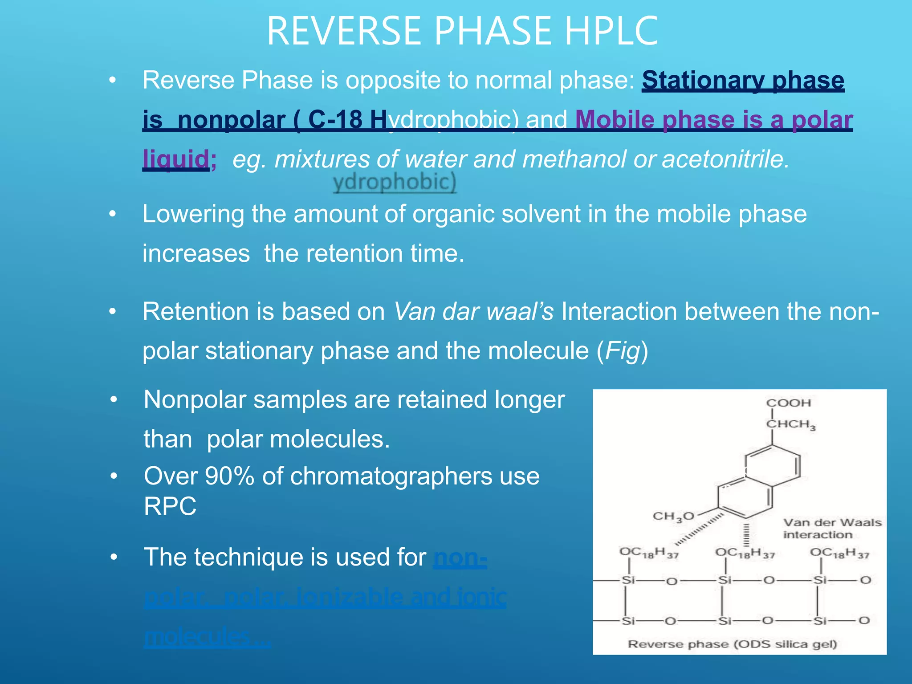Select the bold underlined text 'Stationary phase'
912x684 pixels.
tap(743, 81)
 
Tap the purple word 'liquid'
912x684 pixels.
tap(175, 159)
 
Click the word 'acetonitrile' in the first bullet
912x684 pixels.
tap(725, 159)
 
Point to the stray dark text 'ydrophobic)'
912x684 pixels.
tap(395, 182)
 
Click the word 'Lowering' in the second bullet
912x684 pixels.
tap(192, 214)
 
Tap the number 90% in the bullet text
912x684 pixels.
tap(229, 476)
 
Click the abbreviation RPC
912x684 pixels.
tap(170, 506)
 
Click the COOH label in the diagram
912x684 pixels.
tap(789, 403)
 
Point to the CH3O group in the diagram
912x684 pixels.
tap(673, 517)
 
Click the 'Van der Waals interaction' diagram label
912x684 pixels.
tap(832, 529)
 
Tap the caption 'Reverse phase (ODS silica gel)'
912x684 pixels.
tap(733, 644)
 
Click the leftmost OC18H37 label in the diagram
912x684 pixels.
tap(648, 553)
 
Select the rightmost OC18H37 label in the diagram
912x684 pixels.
tap(839, 553)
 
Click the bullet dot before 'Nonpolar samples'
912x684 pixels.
tap(114, 400)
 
